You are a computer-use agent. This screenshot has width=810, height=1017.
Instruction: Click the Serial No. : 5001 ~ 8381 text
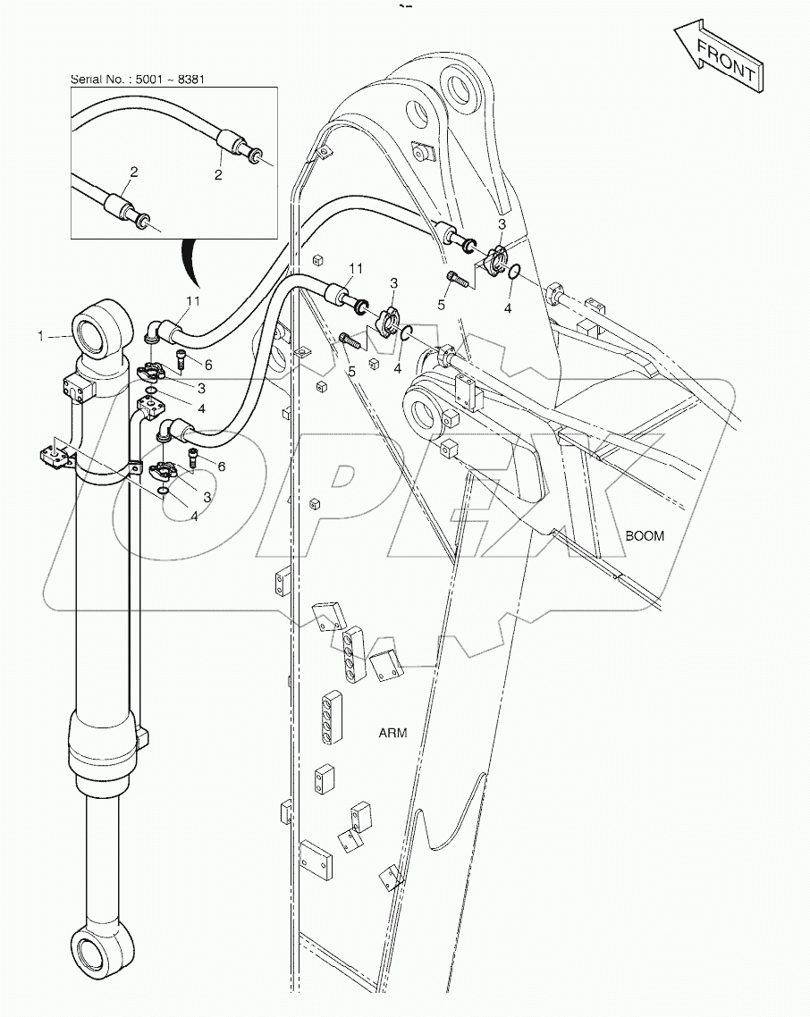point(144,80)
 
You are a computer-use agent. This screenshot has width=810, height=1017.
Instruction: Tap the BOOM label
point(645,536)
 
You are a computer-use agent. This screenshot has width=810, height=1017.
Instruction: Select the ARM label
point(392,733)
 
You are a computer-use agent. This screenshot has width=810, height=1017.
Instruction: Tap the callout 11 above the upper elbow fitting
point(192,300)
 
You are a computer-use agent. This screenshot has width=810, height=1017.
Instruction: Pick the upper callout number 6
point(208,366)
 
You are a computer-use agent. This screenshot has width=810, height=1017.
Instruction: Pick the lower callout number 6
point(208,466)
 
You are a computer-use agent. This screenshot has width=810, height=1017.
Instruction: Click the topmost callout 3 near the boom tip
point(502,223)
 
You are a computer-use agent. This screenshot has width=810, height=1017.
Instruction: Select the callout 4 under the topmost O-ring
point(507,309)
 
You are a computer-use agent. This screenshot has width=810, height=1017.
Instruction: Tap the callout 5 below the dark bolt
point(352,371)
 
